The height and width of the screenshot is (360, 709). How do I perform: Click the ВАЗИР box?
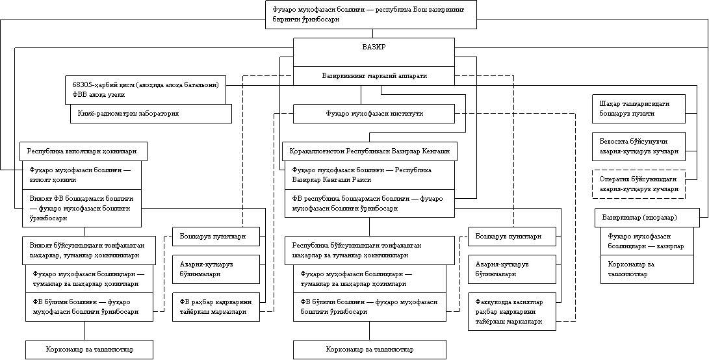(374, 52)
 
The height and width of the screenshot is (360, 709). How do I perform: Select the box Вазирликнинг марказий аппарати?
(374, 76)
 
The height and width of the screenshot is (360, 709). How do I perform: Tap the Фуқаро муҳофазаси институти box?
(374, 114)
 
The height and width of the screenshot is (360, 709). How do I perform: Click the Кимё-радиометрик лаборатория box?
(151, 114)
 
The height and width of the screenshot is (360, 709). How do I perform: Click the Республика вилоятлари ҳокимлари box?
(82, 151)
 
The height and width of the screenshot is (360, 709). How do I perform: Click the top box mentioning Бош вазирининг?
(370, 14)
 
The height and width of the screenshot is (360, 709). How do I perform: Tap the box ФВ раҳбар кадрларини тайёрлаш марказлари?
(216, 306)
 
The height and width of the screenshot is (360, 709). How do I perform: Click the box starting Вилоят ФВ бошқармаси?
(82, 207)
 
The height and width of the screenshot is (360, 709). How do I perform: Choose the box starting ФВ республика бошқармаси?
(369, 203)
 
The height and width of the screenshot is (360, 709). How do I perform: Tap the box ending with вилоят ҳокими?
(82, 175)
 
